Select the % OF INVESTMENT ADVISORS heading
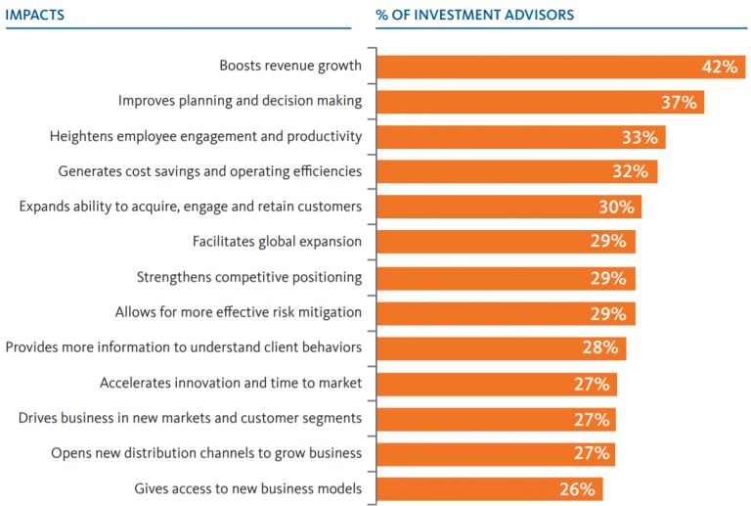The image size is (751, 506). (x=474, y=15)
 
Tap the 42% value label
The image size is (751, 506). (x=718, y=67)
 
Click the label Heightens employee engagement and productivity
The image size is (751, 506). (x=205, y=136)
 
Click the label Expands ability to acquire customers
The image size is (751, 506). (x=191, y=207)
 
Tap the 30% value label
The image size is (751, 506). (x=616, y=207)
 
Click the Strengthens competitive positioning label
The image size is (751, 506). (x=249, y=277)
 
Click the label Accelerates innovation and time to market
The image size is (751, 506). (x=231, y=383)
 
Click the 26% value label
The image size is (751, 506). (x=578, y=488)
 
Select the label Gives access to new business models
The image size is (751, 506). (x=247, y=488)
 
